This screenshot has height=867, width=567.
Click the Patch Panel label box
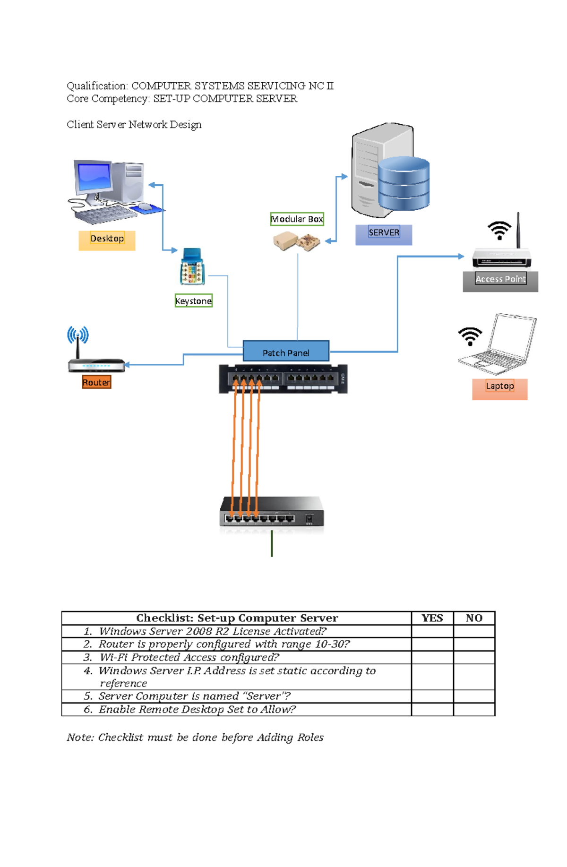(x=286, y=352)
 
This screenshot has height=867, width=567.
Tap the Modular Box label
(x=297, y=219)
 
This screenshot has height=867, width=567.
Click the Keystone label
(x=194, y=301)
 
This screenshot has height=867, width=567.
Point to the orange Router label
(x=96, y=382)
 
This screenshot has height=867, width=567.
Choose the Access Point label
(x=500, y=279)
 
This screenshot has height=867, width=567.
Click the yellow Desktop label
(x=107, y=239)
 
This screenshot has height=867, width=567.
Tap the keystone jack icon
(x=192, y=267)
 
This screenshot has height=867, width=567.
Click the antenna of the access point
(x=518, y=230)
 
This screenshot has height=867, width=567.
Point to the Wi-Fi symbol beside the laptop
(x=470, y=335)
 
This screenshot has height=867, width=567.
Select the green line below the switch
(x=272, y=543)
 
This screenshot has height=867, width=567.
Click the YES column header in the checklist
(x=432, y=618)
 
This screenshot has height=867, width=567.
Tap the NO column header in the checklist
(x=474, y=618)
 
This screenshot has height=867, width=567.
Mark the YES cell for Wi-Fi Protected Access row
(x=432, y=657)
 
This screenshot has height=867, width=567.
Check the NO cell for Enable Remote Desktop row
(x=474, y=709)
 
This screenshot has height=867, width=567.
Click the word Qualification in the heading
(x=97, y=86)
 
